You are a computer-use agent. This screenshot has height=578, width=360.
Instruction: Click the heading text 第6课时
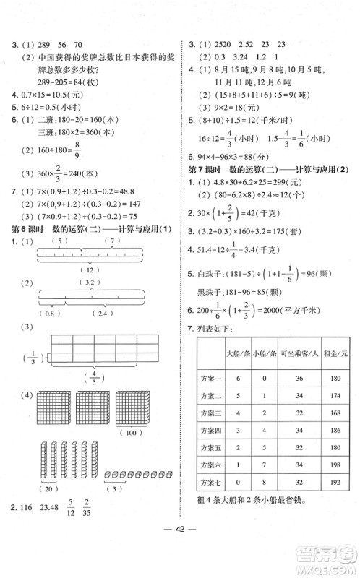point(25,230)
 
